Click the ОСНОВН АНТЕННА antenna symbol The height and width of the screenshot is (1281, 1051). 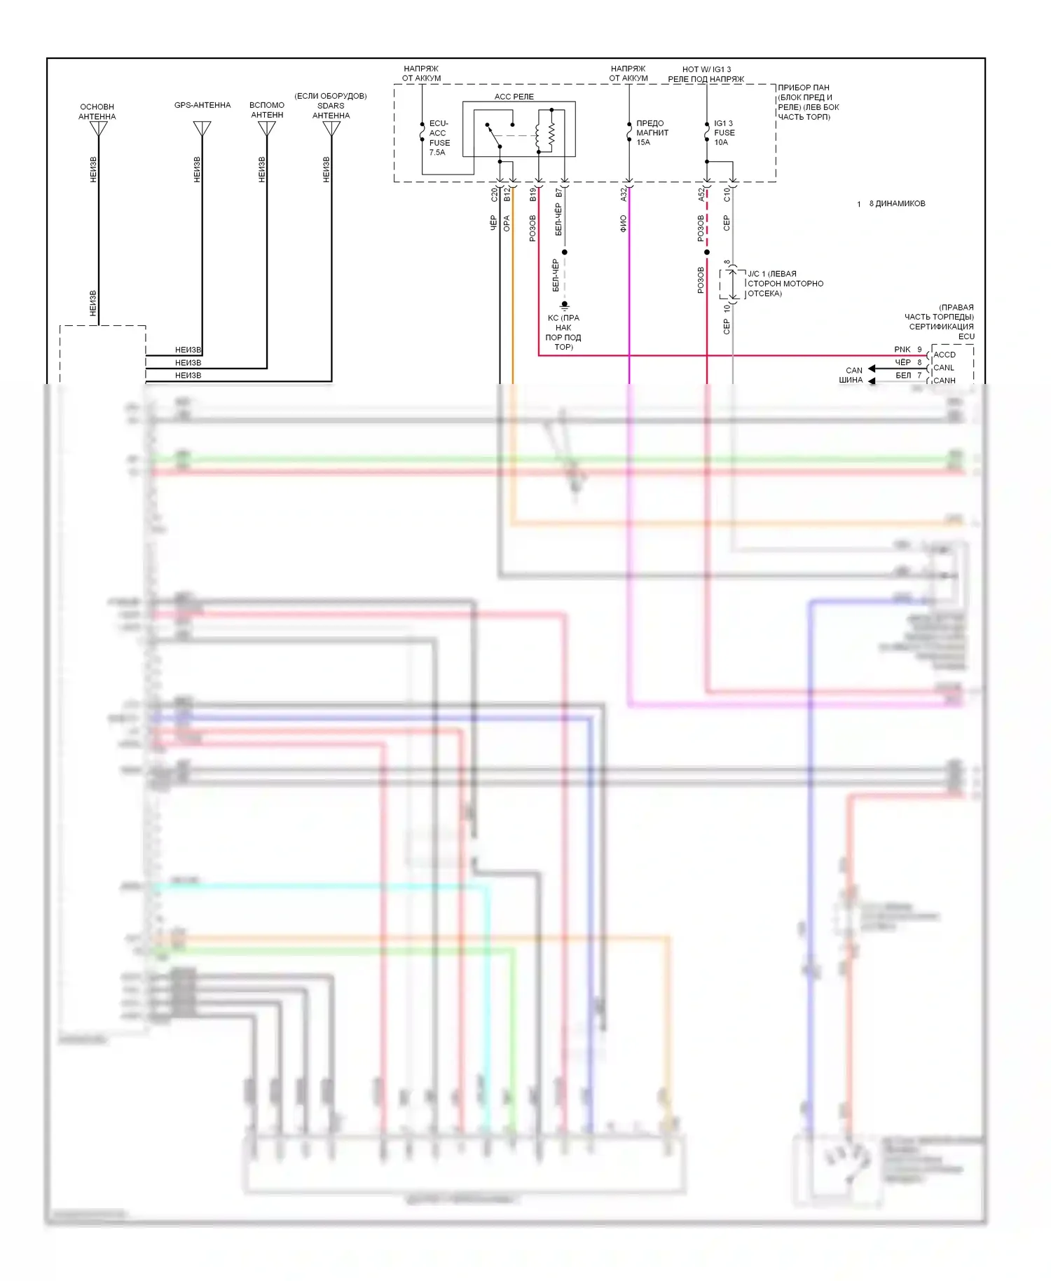click(x=98, y=129)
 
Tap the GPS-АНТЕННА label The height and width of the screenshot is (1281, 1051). click(x=202, y=105)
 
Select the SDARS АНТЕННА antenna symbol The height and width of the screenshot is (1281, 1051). click(x=331, y=129)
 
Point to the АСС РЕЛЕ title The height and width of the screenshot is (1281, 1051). click(x=514, y=97)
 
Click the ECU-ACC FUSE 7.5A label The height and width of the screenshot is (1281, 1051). click(x=439, y=138)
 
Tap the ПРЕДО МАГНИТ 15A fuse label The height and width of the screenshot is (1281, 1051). click(x=652, y=132)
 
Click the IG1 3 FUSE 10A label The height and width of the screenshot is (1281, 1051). click(x=724, y=132)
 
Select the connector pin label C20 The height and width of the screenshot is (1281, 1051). click(x=494, y=195)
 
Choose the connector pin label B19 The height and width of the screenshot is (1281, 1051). click(x=533, y=195)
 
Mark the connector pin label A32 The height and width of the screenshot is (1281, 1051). click(x=624, y=195)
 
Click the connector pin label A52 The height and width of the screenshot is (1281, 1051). click(x=701, y=195)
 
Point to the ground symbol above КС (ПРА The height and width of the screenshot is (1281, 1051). click(x=564, y=305)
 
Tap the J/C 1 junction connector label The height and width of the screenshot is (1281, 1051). click(x=785, y=283)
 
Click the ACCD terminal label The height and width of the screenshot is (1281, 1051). click(x=944, y=355)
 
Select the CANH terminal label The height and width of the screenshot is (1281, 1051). click(x=944, y=381)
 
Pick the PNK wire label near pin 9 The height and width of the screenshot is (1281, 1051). click(x=902, y=349)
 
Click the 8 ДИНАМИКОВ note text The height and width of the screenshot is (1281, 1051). click(x=897, y=204)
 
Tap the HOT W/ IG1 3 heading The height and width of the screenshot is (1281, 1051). click(x=706, y=69)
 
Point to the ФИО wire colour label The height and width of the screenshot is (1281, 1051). click(x=623, y=224)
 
